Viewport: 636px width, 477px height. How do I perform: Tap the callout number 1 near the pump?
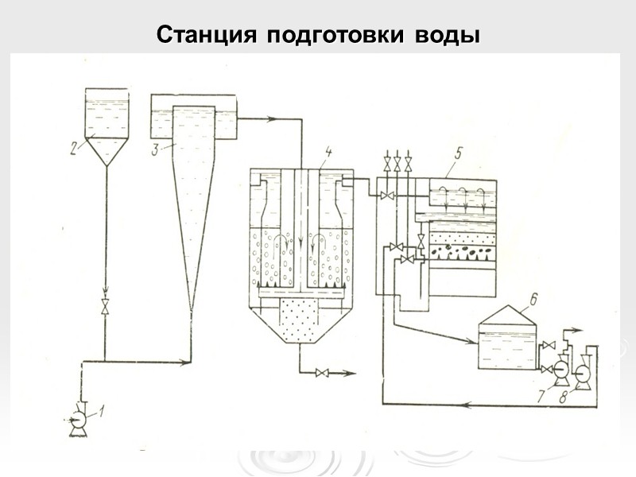point(102,411)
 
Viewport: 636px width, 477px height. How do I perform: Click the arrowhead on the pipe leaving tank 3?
point(273,119)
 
